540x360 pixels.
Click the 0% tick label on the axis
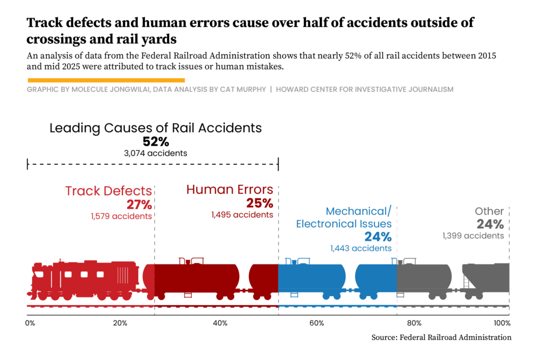(30, 323)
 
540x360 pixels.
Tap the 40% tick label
(220, 323)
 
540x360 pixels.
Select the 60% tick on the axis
(316, 323)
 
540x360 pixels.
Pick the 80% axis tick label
(414, 323)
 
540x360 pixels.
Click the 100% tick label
(502, 323)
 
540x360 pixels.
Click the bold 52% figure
(156, 141)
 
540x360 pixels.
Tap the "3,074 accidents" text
(156, 153)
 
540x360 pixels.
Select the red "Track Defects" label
(109, 191)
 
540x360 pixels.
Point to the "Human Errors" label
(229, 189)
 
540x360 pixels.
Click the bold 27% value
(139, 205)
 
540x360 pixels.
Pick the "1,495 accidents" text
(242, 215)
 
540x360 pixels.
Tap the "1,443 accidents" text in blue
(361, 248)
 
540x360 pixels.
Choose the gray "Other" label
(489, 211)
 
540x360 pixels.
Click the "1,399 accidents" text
(473, 236)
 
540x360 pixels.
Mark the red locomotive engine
(84, 279)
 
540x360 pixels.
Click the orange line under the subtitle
(105, 80)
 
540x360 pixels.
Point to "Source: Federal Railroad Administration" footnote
(441, 337)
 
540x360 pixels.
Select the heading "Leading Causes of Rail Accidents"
(156, 128)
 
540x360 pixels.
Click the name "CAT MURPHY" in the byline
(243, 90)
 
